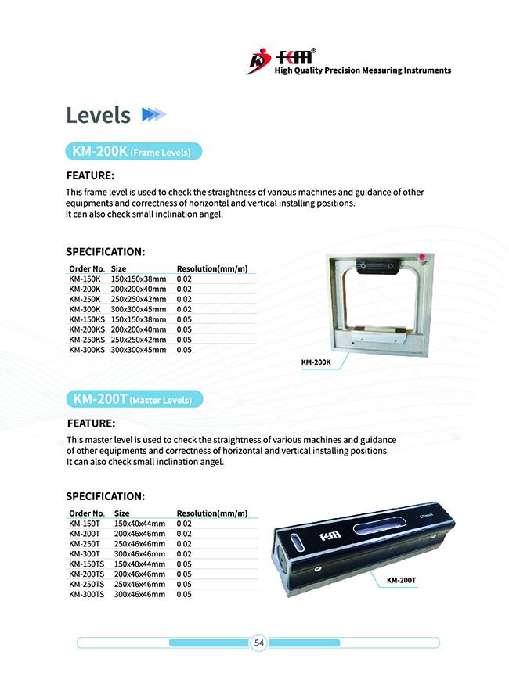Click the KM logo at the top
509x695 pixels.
click(x=282, y=59)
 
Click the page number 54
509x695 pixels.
click(x=259, y=643)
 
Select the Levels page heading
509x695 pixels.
click(x=98, y=115)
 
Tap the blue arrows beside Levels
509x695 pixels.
click(x=153, y=115)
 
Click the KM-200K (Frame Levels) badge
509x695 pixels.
click(x=131, y=152)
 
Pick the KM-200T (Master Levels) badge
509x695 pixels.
click(x=132, y=399)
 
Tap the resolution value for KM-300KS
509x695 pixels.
click(x=184, y=350)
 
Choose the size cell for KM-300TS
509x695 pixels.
click(x=139, y=595)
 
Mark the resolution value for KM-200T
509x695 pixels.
click(x=184, y=534)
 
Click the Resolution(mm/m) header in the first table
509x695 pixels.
click(x=211, y=269)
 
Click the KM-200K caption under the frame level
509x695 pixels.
click(x=316, y=362)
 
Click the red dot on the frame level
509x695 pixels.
click(x=421, y=257)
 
